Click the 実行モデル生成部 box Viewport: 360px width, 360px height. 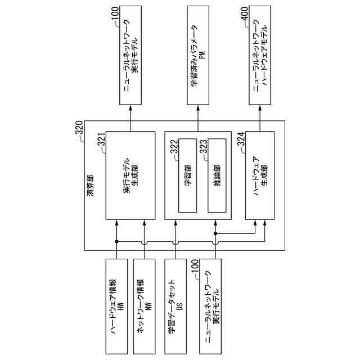[x=130, y=175]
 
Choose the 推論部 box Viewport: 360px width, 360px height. [x=216, y=175]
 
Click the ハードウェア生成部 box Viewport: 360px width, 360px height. [x=260, y=175]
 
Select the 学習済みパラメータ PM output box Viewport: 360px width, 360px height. [x=200, y=56]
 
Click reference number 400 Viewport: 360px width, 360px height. [x=247, y=15]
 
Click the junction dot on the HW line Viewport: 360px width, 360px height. [x=117, y=241]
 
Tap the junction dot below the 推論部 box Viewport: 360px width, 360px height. [x=216, y=233]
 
